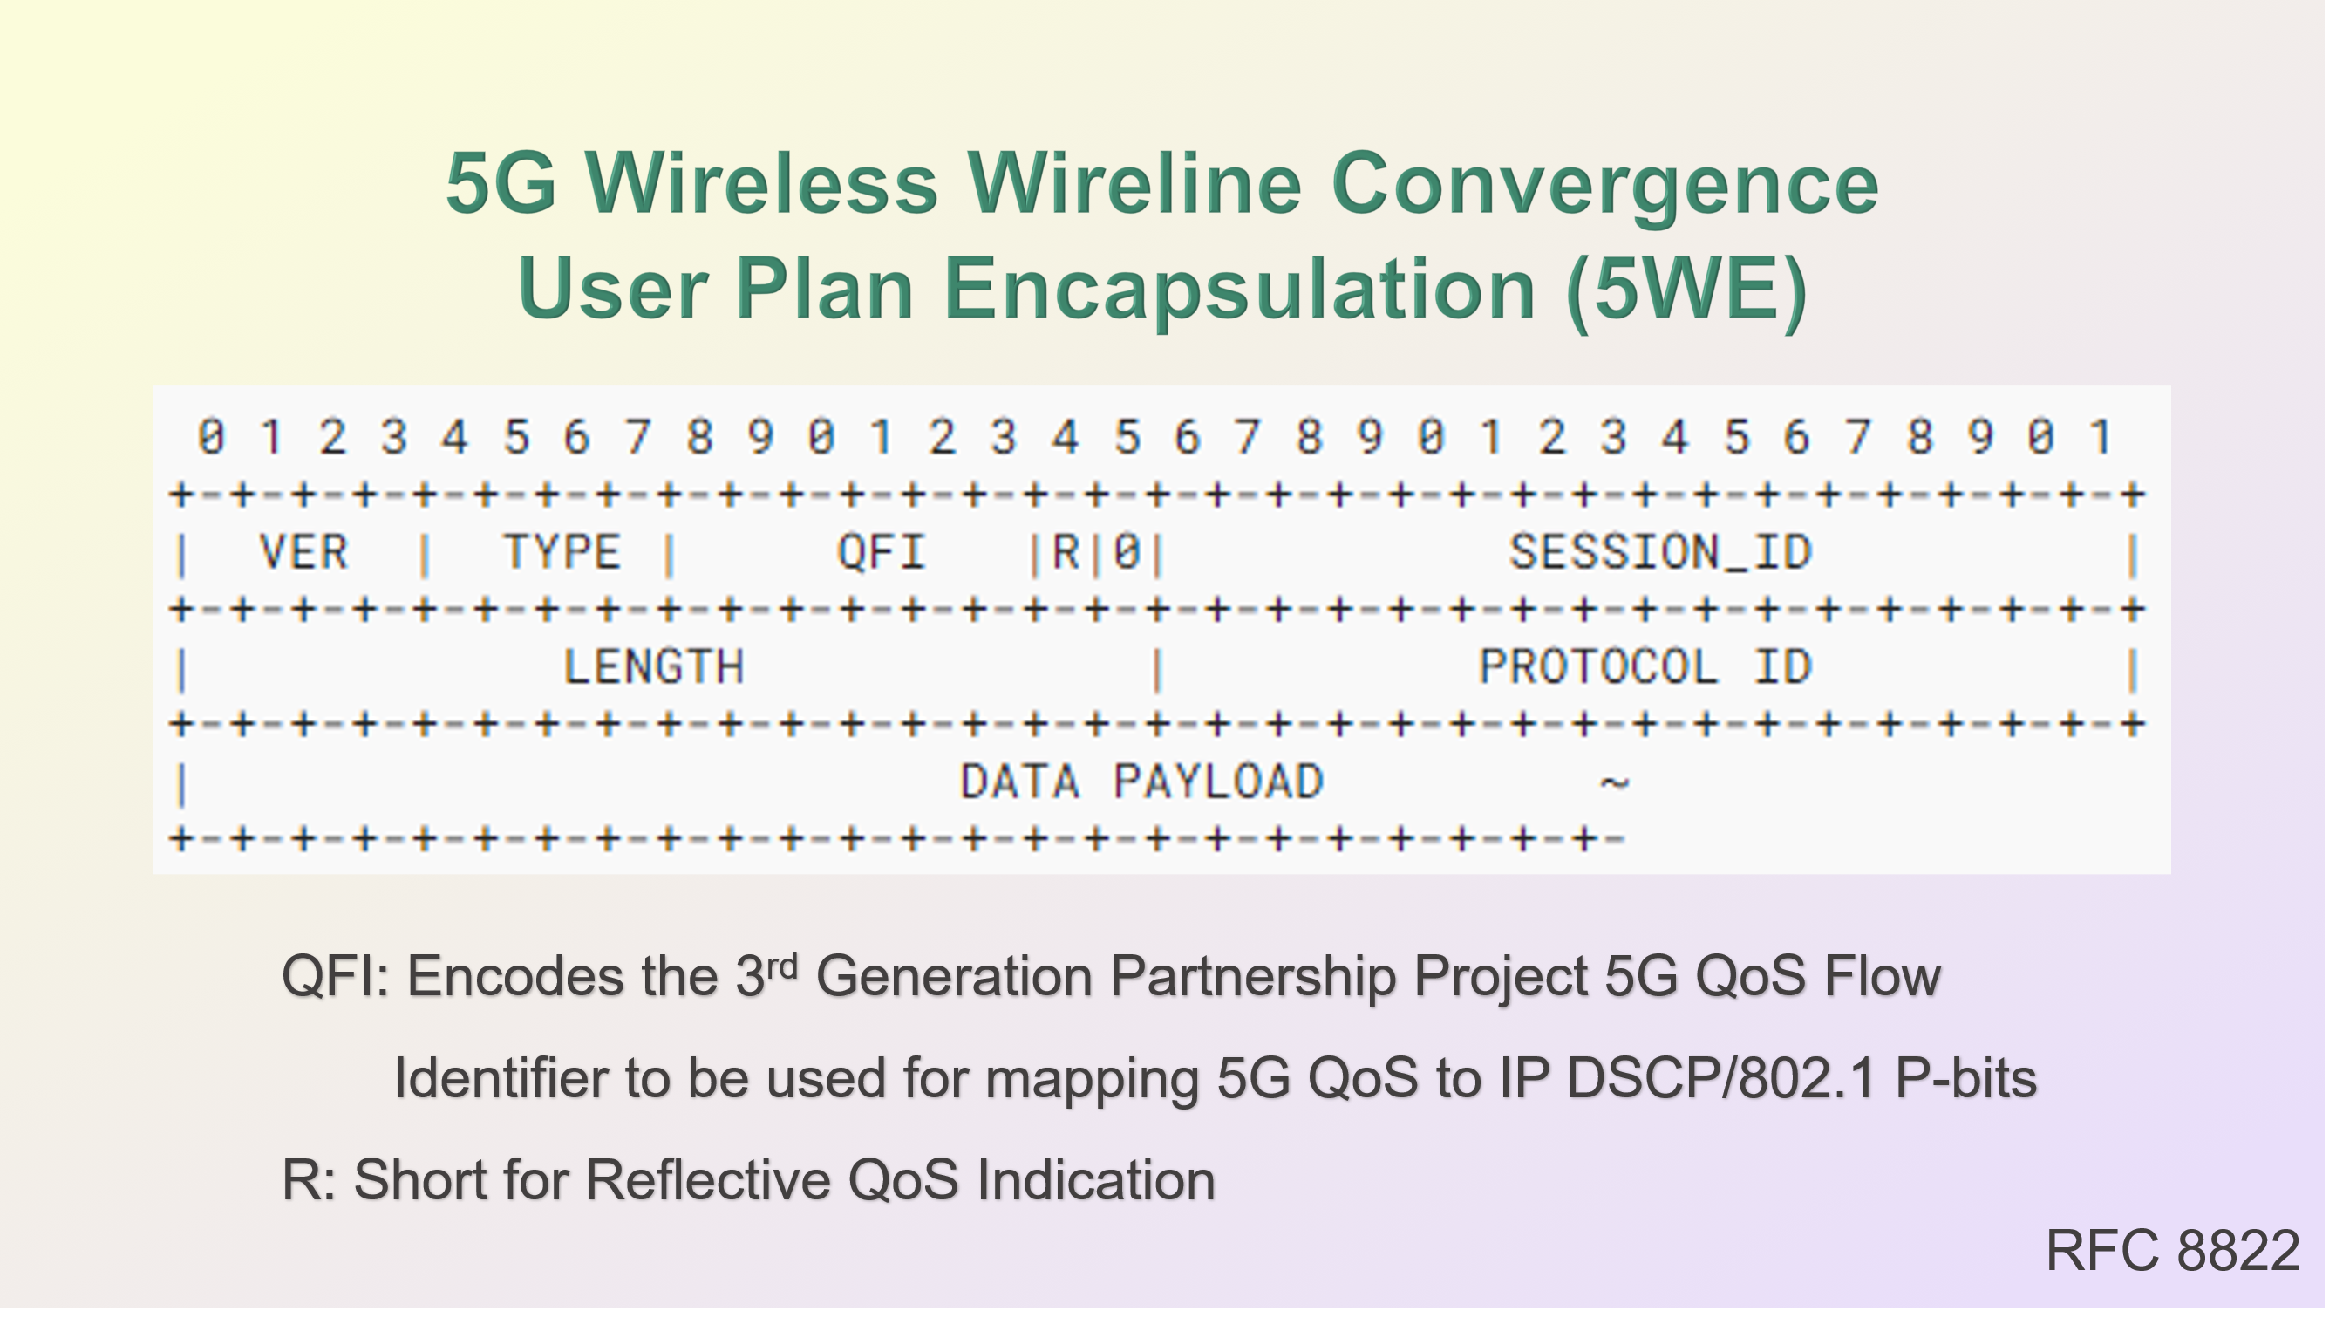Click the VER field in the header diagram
click(x=303, y=552)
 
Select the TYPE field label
click(x=562, y=552)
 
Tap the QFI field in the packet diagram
click(x=881, y=552)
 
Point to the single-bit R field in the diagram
click(x=1066, y=552)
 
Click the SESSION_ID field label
click(x=1660, y=552)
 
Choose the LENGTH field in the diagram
click(x=654, y=667)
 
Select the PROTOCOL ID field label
click(x=1645, y=667)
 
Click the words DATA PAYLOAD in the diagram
click(x=1142, y=782)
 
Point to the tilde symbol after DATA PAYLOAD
click(x=1615, y=782)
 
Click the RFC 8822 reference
click(x=2174, y=1251)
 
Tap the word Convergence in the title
click(x=1605, y=185)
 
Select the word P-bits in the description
click(x=1966, y=1078)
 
